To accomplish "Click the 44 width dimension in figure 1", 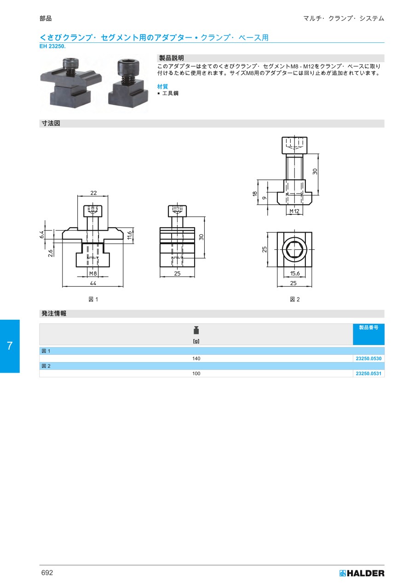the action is click(x=93, y=283).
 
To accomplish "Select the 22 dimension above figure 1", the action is click(x=93, y=193).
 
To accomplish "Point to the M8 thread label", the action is click(x=93, y=273).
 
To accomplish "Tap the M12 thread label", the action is click(x=294, y=211).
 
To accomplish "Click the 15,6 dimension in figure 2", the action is click(x=295, y=273).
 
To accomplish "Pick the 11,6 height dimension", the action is click(x=130, y=235).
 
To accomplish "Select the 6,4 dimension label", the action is click(x=42, y=234).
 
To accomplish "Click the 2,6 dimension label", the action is click(x=51, y=253).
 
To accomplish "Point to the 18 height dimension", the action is click(x=255, y=194).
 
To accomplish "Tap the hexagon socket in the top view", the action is click(x=294, y=250).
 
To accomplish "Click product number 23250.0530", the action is click(x=368, y=358).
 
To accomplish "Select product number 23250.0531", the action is click(x=368, y=374).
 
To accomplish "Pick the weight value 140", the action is click(x=196, y=358).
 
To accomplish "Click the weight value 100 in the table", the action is click(x=196, y=374).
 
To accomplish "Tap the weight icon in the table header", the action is click(x=196, y=330).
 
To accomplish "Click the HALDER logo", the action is click(x=362, y=574).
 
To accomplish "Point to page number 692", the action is click(x=47, y=573).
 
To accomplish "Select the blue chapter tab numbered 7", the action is click(x=10, y=346).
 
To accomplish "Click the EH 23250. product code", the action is click(x=52, y=47).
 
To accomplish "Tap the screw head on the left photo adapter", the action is click(x=70, y=63).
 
